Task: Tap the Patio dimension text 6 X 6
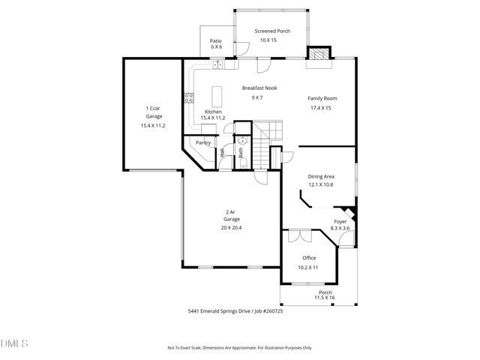216,46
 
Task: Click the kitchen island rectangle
219,97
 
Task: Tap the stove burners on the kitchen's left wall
188,96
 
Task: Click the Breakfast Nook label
259,88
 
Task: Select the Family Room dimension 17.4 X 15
320,108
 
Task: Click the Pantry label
203,142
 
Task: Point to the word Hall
223,152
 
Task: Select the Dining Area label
321,176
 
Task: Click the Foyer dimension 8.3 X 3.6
340,229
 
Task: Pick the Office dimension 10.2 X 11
308,267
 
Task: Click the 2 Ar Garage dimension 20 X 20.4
231,227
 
